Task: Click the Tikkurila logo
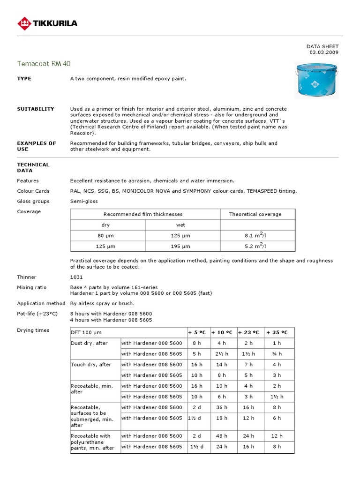47,22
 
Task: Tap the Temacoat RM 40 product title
44,63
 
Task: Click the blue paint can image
316,80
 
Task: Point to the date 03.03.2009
324,52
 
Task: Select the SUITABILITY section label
36,109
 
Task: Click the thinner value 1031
76,277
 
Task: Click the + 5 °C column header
197,332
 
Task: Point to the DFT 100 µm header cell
86,332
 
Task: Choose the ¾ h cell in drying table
277,354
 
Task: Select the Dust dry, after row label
89,343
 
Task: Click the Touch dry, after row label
91,364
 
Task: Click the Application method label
41,303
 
